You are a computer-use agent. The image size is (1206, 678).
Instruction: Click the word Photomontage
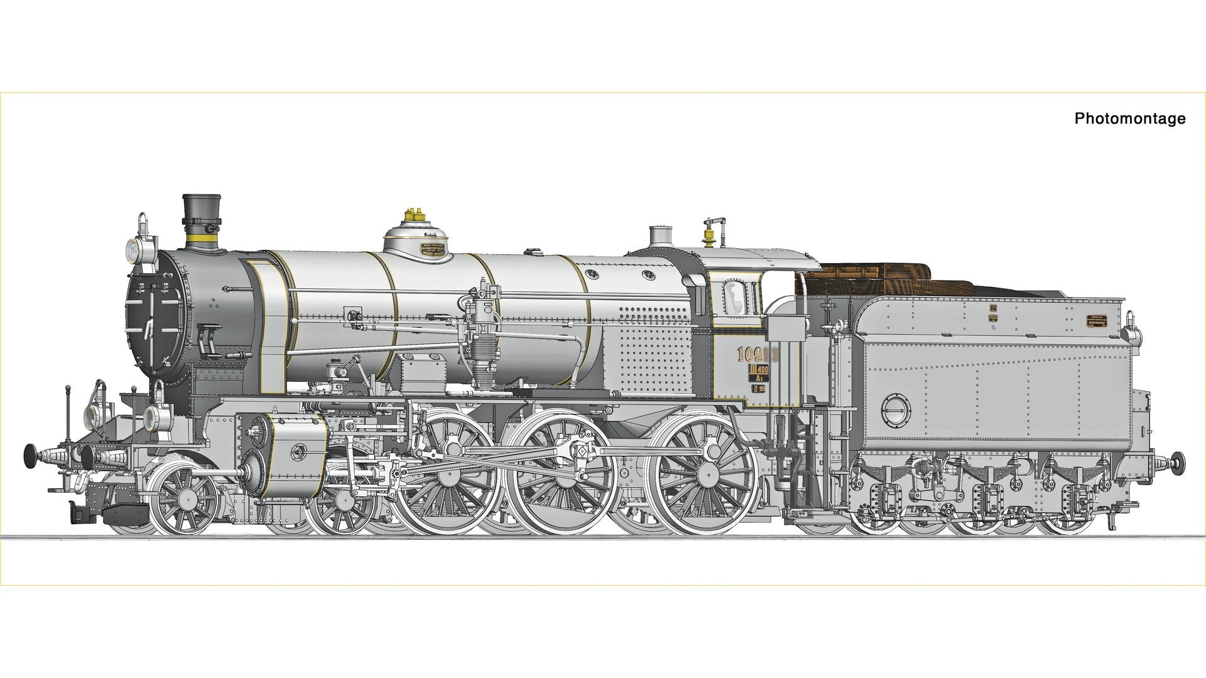point(1129,118)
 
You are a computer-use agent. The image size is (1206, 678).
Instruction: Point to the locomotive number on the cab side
point(757,355)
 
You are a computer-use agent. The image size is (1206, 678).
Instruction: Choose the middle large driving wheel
point(564,473)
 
